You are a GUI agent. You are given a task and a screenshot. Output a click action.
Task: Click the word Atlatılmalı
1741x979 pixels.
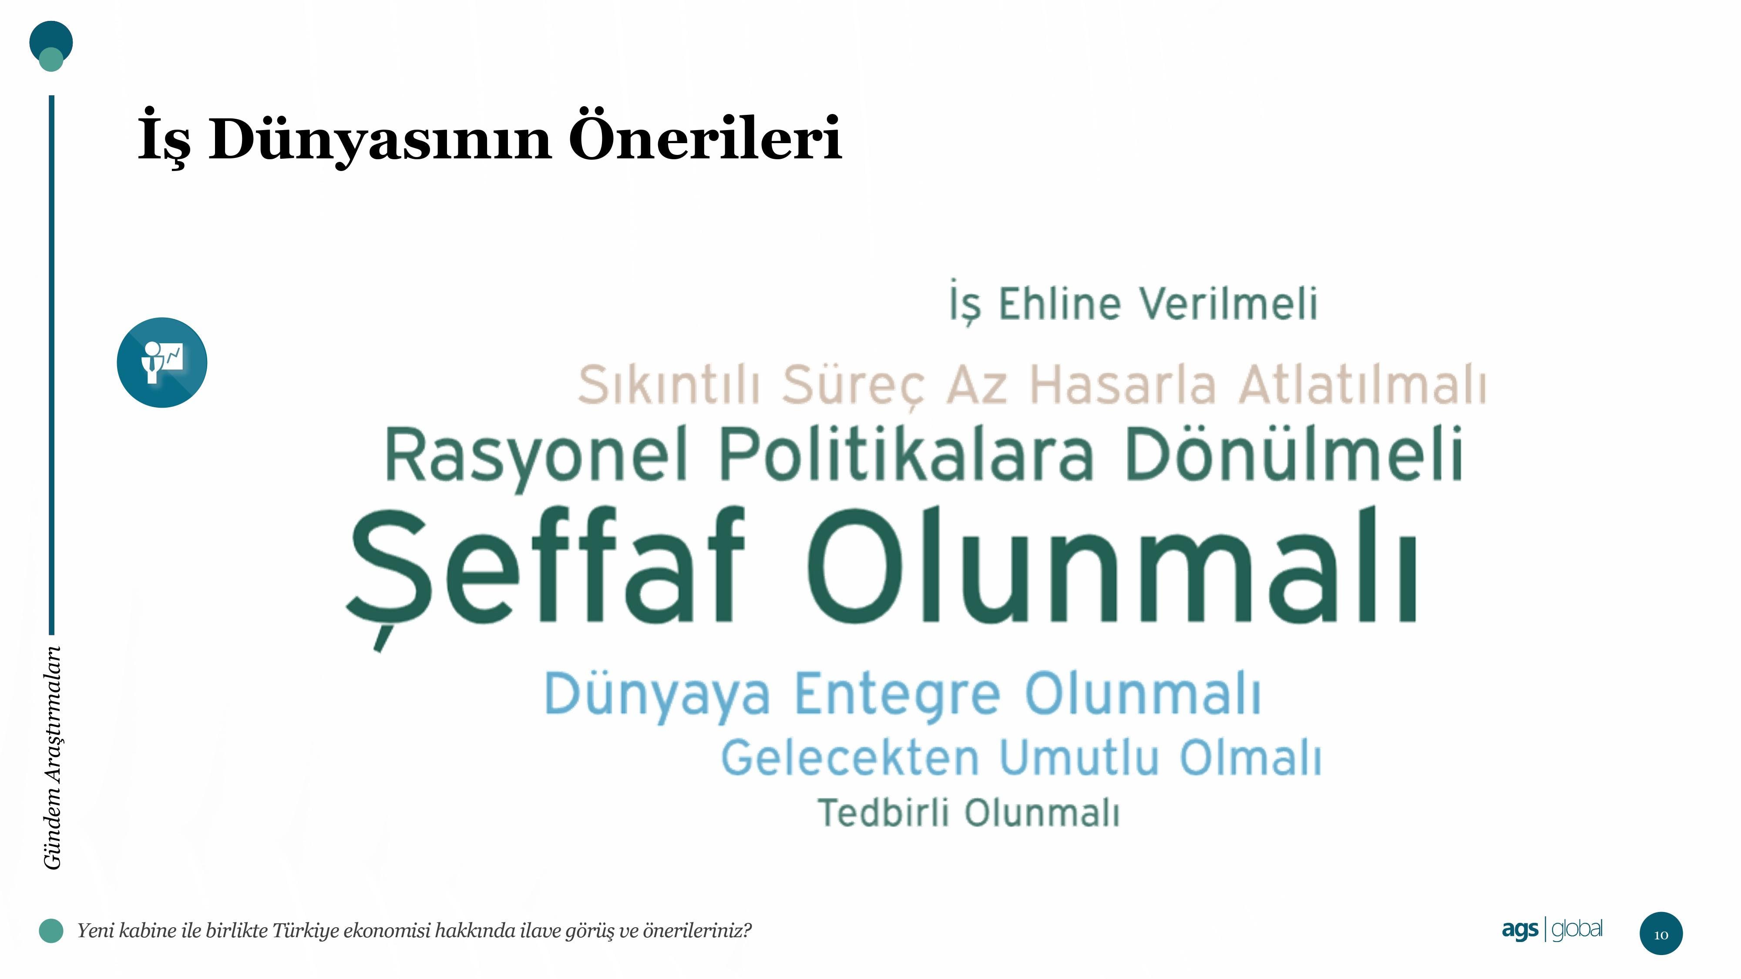(1362, 384)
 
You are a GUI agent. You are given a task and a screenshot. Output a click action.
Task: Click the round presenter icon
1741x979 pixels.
(162, 362)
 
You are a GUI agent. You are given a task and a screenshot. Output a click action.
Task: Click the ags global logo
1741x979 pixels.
(1552, 930)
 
